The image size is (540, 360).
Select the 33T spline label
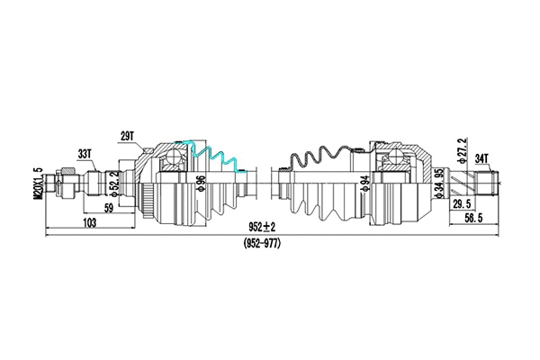click(x=86, y=154)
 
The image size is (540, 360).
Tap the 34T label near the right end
click(x=481, y=158)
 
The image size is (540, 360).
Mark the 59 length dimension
click(x=108, y=208)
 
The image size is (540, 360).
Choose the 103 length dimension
click(x=89, y=222)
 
